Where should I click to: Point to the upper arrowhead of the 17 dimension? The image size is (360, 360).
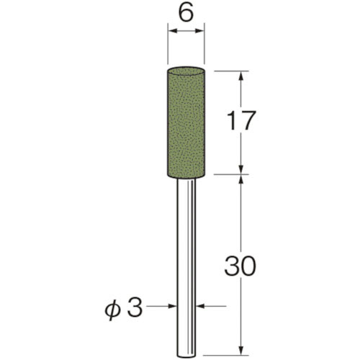[x=241, y=76]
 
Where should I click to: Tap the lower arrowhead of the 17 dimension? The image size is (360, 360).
[x=241, y=168]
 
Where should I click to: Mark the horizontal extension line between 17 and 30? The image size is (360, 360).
[x=230, y=174]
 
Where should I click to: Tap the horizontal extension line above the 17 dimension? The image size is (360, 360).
[x=230, y=71]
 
